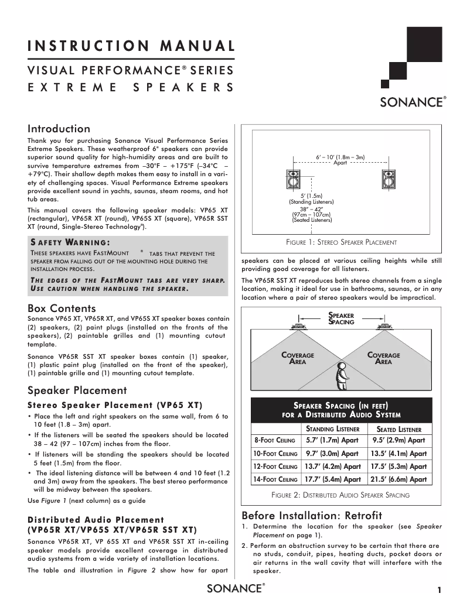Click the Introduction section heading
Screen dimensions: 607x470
[59, 129]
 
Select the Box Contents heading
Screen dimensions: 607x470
[62, 308]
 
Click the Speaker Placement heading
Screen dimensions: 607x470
[77, 390]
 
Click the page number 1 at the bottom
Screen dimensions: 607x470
[438, 590]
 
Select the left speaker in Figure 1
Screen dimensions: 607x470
[292, 180]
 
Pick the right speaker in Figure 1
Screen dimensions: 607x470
[389, 180]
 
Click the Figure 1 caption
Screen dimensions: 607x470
[340, 242]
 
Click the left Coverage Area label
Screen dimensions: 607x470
[298, 358]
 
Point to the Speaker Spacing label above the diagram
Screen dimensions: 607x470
[342, 318]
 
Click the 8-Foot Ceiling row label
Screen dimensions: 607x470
[274, 441]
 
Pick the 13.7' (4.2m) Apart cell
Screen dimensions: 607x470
[332, 467]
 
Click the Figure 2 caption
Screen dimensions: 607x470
[340, 495]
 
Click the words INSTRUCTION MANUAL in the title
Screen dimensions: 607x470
[131, 46]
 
